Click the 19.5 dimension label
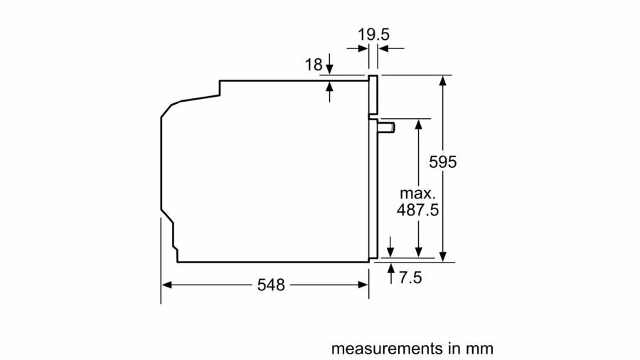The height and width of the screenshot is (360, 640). point(373,34)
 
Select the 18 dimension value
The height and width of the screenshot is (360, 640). point(314,65)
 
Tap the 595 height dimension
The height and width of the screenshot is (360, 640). point(443,162)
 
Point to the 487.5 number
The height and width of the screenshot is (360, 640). point(417,210)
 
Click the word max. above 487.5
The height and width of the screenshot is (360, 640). point(417,193)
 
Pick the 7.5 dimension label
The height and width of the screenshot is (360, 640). point(410,277)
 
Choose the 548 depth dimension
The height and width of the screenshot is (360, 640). point(271,285)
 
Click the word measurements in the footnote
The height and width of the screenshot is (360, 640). point(387,349)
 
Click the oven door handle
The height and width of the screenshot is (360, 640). point(386,128)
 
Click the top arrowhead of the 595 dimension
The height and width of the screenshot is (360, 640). point(443,80)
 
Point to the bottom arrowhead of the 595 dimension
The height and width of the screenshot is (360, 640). point(443,256)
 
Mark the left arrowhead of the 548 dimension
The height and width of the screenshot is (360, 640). point(166,285)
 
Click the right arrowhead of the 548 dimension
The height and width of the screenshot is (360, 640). point(363,285)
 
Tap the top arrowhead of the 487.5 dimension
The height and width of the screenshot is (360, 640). point(418,124)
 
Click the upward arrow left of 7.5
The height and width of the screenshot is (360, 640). point(391,274)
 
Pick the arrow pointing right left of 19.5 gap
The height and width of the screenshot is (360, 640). point(358,48)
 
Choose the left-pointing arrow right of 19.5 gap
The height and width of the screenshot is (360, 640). point(391,48)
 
